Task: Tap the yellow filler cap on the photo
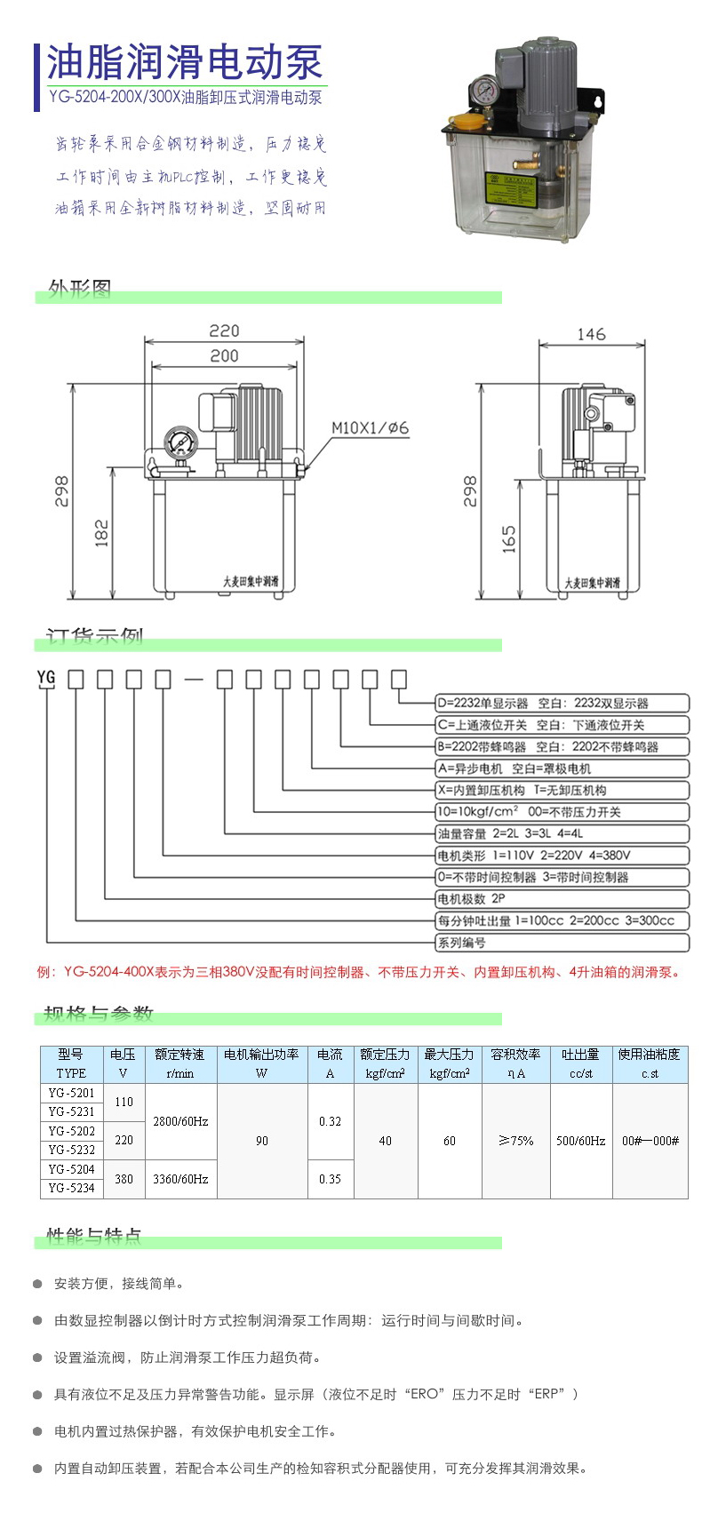click(468, 119)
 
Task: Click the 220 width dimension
click(224, 330)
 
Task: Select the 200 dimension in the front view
click(224, 355)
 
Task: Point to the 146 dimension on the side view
click(591, 334)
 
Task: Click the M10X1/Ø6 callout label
click(371, 428)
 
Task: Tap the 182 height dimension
click(101, 533)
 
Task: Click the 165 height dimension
click(509, 539)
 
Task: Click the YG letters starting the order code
click(46, 677)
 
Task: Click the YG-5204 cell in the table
click(71, 1169)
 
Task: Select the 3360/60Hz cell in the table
click(180, 1179)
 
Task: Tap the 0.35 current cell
click(330, 1179)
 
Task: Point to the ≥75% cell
click(515, 1141)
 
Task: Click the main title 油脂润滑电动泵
click(185, 63)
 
